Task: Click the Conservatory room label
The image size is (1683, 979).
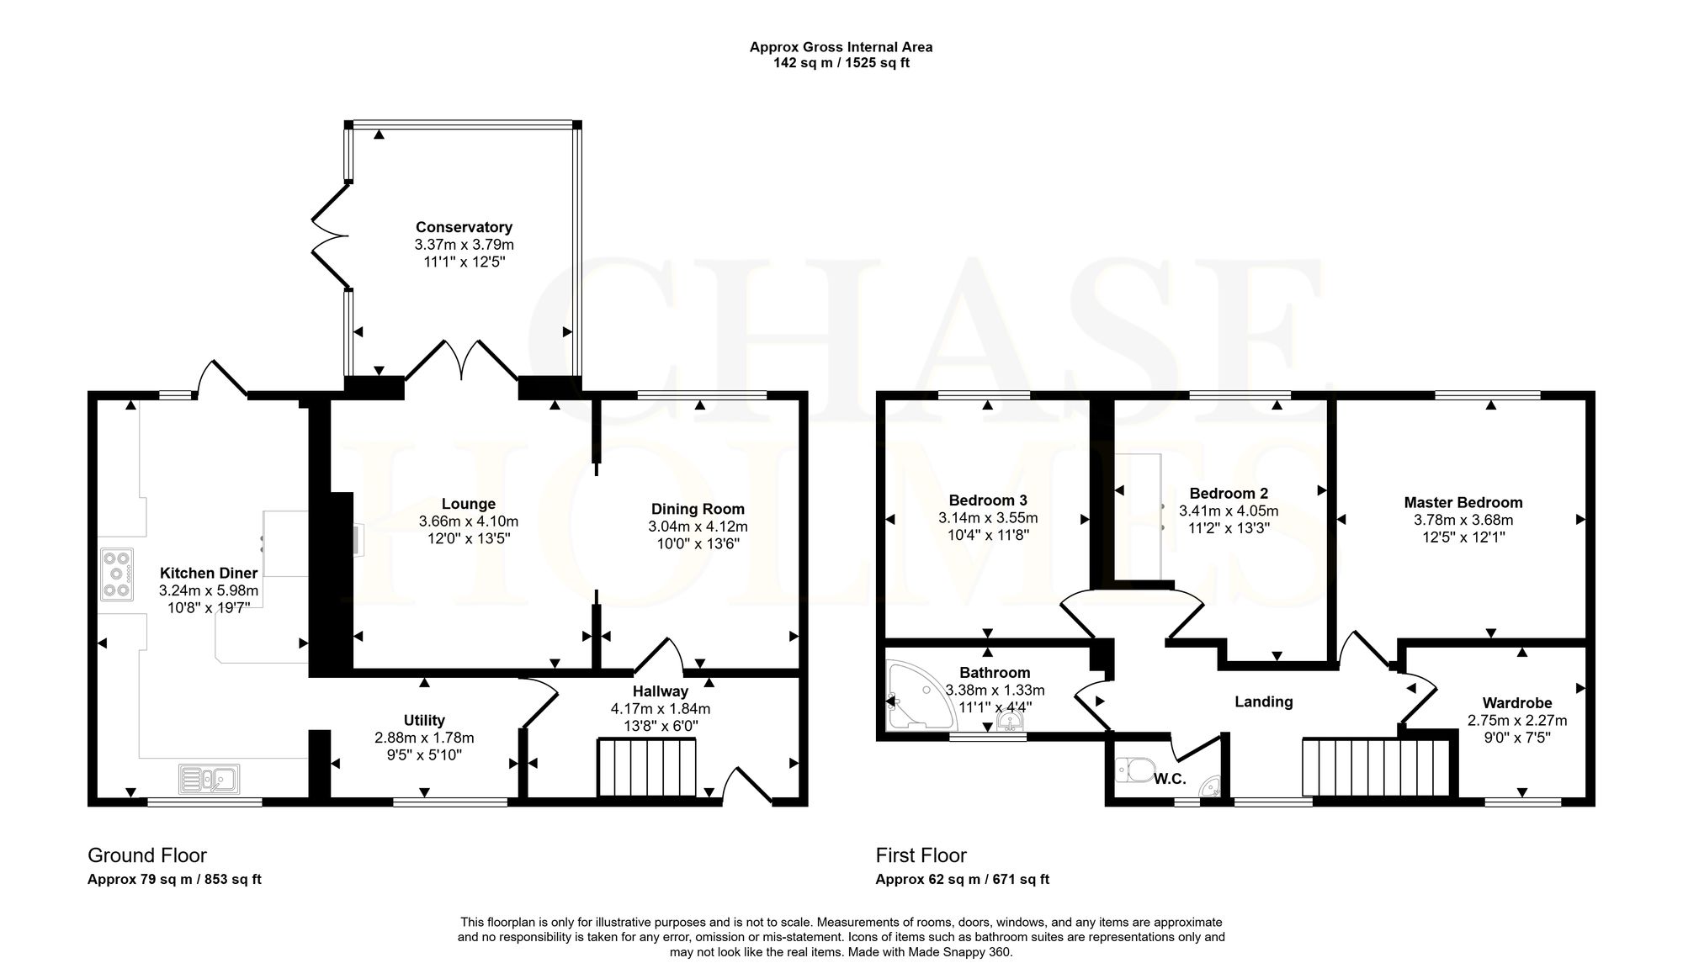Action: (464, 227)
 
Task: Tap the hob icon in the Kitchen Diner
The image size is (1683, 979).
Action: (117, 574)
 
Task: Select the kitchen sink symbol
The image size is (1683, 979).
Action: (209, 779)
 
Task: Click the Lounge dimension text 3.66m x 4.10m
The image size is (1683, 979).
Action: (469, 521)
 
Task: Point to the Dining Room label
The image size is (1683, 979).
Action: (698, 509)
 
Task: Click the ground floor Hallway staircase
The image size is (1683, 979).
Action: (647, 767)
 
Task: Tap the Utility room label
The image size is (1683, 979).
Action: (424, 721)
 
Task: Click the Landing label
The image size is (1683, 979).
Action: (1263, 702)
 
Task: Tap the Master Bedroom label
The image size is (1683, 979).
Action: (1463, 503)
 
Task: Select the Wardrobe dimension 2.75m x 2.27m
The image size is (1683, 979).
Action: (1517, 721)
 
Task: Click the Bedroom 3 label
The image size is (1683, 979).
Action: (988, 500)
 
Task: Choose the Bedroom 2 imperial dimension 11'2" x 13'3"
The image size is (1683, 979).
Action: (1229, 528)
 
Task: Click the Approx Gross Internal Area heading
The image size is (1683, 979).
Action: (841, 47)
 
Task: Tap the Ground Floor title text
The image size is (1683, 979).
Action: (147, 856)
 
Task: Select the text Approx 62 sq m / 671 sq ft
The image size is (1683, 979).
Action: (963, 880)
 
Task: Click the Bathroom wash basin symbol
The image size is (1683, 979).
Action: (1007, 724)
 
